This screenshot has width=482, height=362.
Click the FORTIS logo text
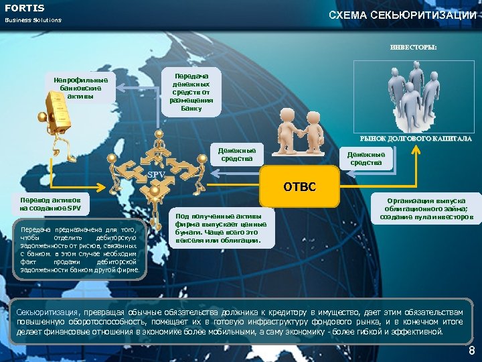[25, 8]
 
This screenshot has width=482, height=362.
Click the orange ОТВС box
[299, 186]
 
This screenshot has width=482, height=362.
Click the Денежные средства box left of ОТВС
[236, 154]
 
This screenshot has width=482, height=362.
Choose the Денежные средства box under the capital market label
[366, 158]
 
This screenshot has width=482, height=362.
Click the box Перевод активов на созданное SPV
[51, 204]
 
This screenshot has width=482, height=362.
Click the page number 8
[471, 351]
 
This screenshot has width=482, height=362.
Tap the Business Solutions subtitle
[33, 20]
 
